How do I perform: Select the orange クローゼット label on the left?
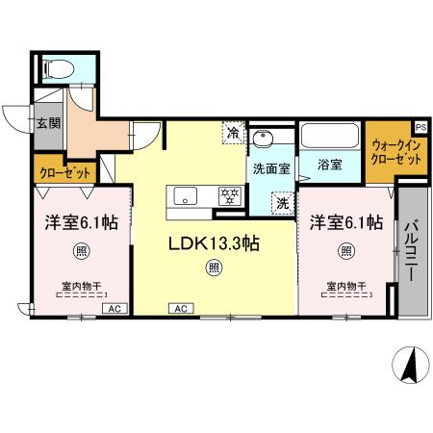pos(65,172)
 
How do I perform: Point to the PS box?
pos(420,126)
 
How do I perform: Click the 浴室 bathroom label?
pos(330,165)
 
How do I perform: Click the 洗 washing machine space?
pos(282,203)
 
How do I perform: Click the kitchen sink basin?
pos(186,195)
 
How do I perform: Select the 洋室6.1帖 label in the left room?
pos(81,222)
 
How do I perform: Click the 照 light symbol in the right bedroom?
pos(344,252)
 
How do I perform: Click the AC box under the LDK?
pos(179,308)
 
